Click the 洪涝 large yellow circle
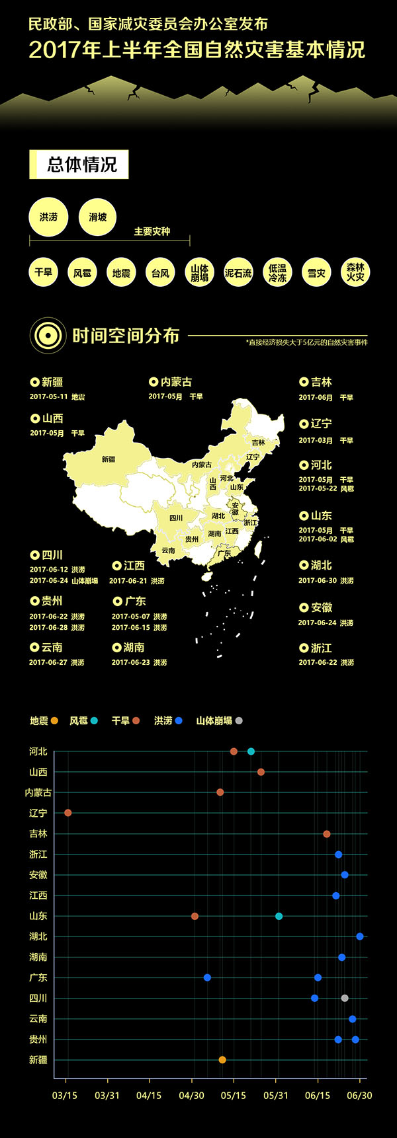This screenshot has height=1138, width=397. [48, 217]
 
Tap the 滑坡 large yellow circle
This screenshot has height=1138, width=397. [97, 217]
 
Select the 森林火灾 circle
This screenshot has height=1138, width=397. [355, 272]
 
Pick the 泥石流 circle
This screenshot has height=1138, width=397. [238, 272]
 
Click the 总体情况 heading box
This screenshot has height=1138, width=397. [79, 165]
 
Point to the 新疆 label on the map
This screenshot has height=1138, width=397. [109, 459]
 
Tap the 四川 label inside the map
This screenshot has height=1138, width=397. [176, 517]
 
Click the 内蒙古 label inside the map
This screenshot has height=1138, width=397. [202, 465]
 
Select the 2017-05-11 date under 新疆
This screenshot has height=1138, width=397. [49, 397]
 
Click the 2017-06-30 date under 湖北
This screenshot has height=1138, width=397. [318, 580]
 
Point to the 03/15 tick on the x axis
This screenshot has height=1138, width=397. [65, 1095]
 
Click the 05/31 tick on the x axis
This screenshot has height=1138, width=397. [276, 1095]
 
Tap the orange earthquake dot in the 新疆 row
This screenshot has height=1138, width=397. [222, 1059]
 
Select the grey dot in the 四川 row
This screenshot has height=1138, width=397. [345, 998]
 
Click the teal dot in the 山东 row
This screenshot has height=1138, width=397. [279, 916]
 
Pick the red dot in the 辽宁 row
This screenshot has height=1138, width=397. [67, 813]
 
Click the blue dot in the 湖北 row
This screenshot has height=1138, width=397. [359, 936]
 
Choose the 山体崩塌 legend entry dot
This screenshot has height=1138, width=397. [239, 720]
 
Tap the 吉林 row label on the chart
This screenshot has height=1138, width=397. [38, 834]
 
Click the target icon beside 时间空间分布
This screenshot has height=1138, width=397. [48, 336]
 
